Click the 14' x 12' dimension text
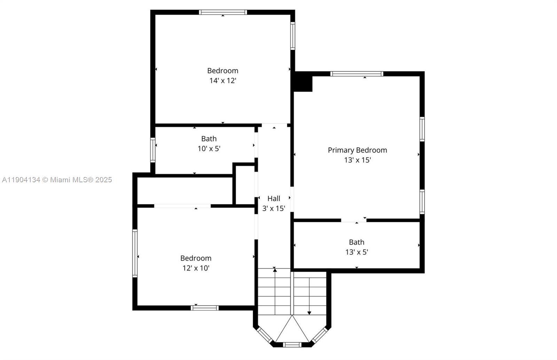pos(222,81)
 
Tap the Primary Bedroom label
pos(357,150)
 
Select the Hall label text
pos(274,199)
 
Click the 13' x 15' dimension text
pos(357,160)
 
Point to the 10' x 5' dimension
pos(209,149)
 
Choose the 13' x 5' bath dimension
pos(356,252)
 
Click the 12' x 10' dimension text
pos(196,268)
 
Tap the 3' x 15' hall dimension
pos(274,208)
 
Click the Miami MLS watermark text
pos(57,179)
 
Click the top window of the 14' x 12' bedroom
pos(223,12)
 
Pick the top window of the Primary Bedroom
pos(357,74)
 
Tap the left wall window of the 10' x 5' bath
pos(153,150)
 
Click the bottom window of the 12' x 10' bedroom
pos(205,308)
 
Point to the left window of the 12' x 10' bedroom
pos(135,253)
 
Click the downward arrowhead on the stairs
pos(309,313)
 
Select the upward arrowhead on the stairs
pos(275,270)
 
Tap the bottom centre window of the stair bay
pos(292,345)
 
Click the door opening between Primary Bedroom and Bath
pos(354,221)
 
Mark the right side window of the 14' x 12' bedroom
pos(293,36)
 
